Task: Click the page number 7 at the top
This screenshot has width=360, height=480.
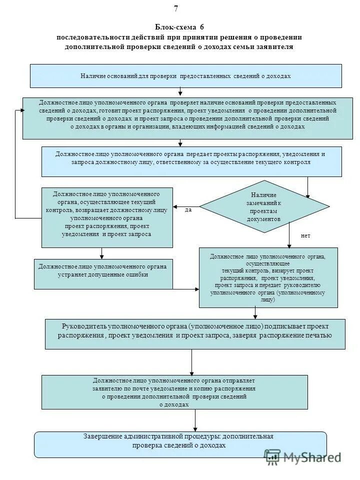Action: (176, 8)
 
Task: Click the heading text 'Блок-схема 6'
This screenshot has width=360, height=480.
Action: (179, 27)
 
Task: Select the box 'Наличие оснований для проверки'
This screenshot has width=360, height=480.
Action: (185, 76)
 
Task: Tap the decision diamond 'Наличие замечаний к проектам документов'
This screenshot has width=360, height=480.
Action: (263, 206)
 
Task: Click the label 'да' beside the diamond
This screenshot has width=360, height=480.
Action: (188, 210)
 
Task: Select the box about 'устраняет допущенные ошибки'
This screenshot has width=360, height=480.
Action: (103, 273)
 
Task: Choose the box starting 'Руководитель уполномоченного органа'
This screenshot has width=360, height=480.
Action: (194, 333)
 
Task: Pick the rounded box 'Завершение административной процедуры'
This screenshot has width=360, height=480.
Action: (180, 444)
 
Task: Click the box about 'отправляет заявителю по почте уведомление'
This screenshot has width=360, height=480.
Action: (174, 392)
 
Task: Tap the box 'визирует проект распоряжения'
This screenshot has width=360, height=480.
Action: (268, 277)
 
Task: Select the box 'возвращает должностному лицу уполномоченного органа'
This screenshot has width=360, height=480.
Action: (107, 217)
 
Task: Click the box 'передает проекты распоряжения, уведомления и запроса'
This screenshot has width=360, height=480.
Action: (191, 161)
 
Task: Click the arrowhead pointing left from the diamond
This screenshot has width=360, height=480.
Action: (175, 206)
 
